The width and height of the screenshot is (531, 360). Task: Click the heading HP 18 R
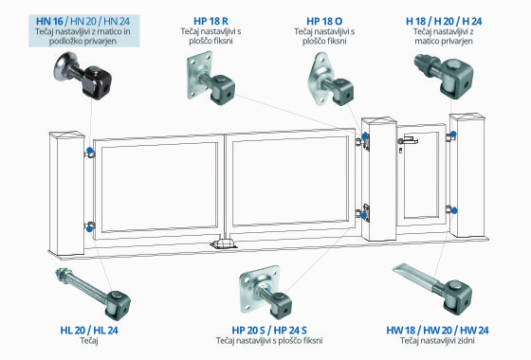click(x=211, y=21)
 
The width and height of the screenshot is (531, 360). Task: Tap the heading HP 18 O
click(x=324, y=21)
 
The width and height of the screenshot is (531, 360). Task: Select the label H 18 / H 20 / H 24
click(x=444, y=21)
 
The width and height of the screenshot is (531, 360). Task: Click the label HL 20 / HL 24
click(x=89, y=331)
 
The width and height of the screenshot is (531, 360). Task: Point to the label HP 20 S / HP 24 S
click(x=269, y=331)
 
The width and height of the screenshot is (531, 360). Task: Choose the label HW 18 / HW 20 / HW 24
click(x=437, y=331)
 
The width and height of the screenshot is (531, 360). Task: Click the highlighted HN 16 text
click(x=49, y=21)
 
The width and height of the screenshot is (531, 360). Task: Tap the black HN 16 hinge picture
click(x=82, y=75)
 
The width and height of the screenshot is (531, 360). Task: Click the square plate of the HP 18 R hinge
click(x=199, y=75)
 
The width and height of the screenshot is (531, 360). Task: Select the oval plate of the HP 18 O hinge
click(x=319, y=79)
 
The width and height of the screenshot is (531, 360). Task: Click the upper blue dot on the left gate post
click(x=90, y=151)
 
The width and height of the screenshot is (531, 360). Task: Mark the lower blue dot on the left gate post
click(x=89, y=229)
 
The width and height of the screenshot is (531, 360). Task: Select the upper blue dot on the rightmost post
click(x=453, y=135)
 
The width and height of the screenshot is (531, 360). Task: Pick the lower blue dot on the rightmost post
click(x=454, y=210)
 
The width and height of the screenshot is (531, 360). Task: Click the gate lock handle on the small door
click(x=408, y=140)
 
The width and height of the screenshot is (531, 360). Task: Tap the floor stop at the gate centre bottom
click(x=223, y=243)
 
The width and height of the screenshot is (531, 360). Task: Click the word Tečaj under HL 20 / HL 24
click(x=89, y=340)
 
